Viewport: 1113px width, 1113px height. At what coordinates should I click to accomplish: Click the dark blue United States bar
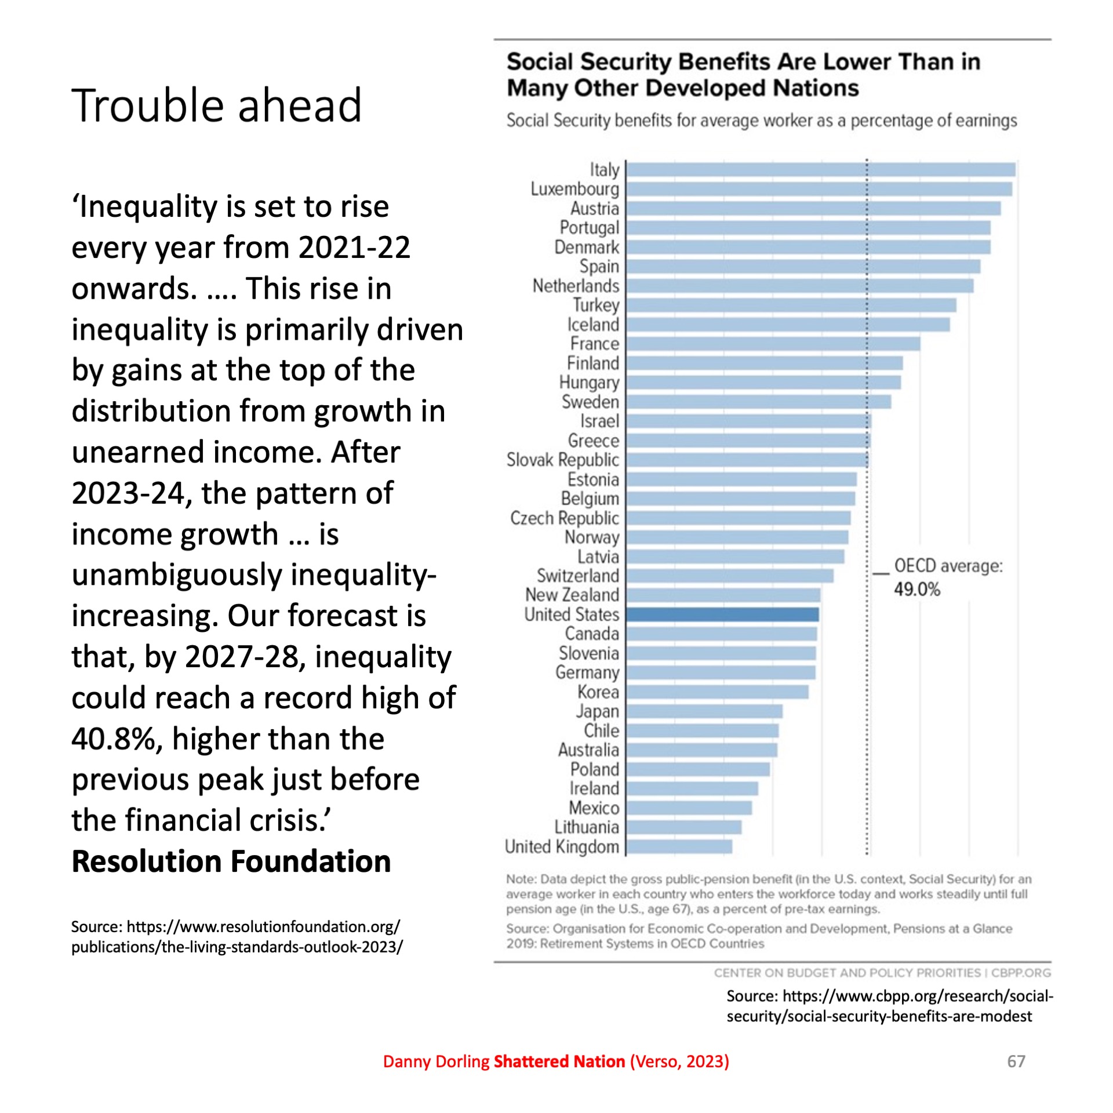[722, 614]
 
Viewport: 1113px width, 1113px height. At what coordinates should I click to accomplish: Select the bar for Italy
[820, 170]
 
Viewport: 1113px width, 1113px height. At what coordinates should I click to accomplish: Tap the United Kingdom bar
[679, 846]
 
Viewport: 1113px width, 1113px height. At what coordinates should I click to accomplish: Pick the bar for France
[773, 344]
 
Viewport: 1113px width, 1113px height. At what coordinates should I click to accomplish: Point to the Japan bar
[704, 711]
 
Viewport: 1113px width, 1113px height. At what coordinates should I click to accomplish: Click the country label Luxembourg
[574, 189]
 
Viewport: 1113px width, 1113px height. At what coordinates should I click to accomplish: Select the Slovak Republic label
[562, 460]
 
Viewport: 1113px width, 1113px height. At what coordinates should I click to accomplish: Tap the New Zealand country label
[572, 595]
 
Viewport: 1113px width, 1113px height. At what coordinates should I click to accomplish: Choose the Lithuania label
[586, 827]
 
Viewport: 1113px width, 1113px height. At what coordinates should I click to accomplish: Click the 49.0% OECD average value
[916, 590]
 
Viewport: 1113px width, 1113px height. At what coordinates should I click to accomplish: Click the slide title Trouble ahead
[216, 106]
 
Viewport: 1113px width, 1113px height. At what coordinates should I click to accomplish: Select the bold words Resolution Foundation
[231, 861]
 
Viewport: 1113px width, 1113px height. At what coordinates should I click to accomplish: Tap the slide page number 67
[1016, 1061]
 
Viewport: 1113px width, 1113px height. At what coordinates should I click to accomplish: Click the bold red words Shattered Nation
[559, 1061]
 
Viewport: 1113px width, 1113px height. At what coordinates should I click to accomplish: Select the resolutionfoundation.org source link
[237, 937]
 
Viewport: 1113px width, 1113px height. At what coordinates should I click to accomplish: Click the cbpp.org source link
[889, 1006]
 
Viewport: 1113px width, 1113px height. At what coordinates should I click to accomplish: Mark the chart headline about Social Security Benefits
[743, 75]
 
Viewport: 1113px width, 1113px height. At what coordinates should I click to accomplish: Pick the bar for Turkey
[791, 305]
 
